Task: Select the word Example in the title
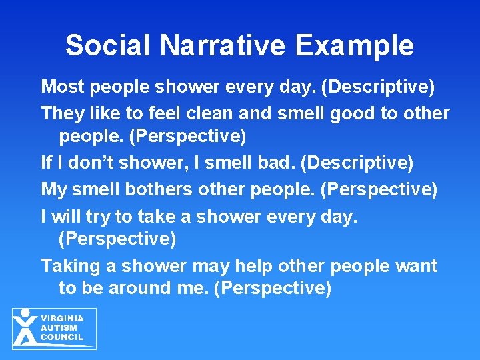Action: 355,46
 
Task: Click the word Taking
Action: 71,266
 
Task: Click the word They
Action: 60,113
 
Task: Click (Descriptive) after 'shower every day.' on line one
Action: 379,87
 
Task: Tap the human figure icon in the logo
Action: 25,327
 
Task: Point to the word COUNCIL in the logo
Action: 62,337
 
